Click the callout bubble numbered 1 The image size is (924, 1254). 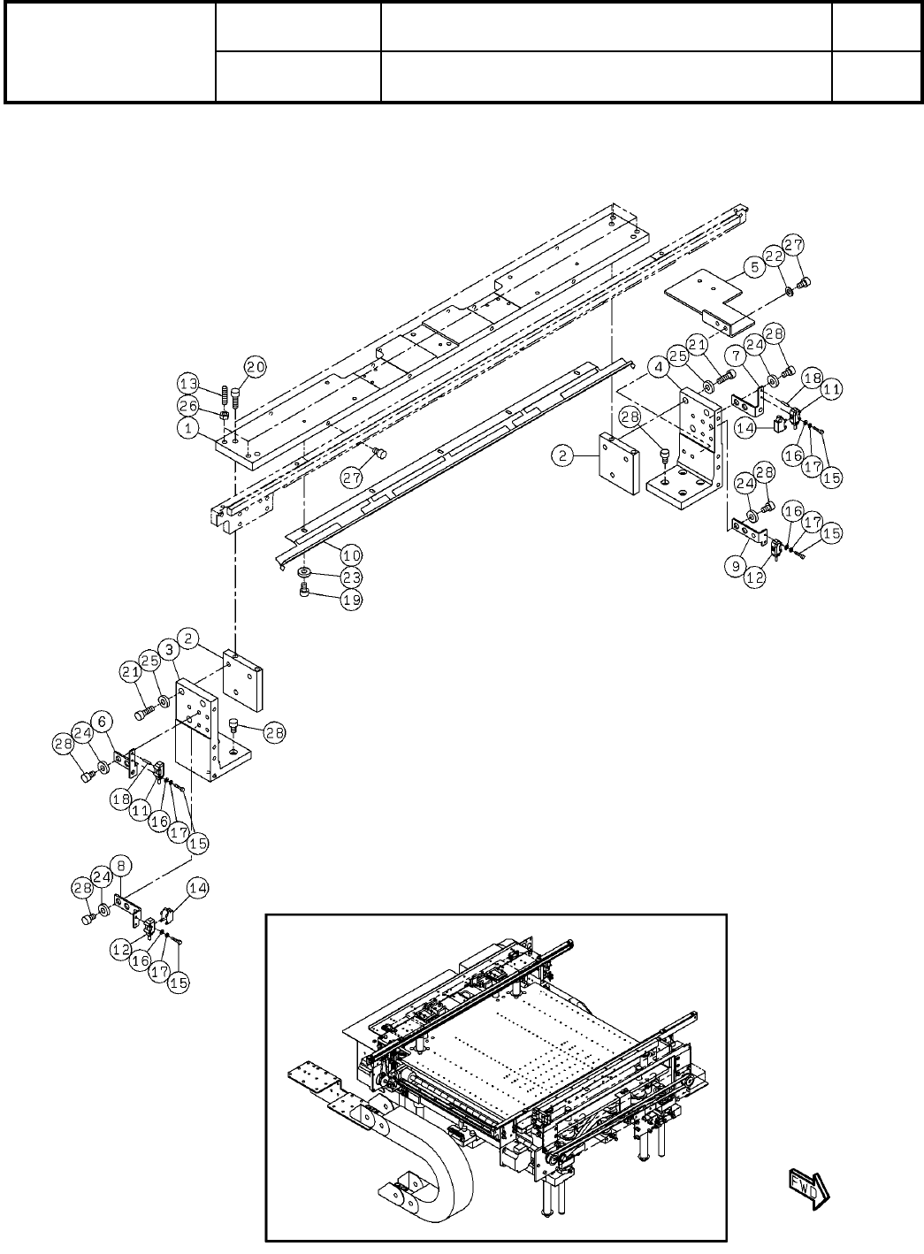tap(187, 427)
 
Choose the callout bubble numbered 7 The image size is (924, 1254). tap(736, 355)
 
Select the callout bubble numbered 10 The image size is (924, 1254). tap(351, 555)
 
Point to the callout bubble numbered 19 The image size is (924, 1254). tap(351, 598)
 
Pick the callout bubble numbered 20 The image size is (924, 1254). tap(255, 365)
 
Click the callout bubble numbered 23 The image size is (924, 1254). tap(351, 576)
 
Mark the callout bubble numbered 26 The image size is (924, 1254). tap(187, 405)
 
